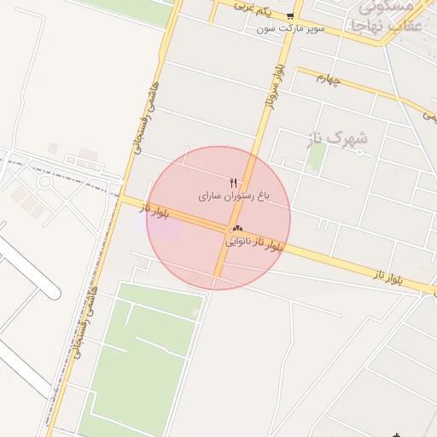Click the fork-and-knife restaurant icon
[x=234, y=183]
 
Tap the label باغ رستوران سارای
[x=235, y=196]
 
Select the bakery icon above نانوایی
[x=236, y=229]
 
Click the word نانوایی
[x=242, y=242]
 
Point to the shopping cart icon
[x=290, y=16]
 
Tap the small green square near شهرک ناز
[x=317, y=155]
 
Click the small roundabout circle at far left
[x=44, y=181]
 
